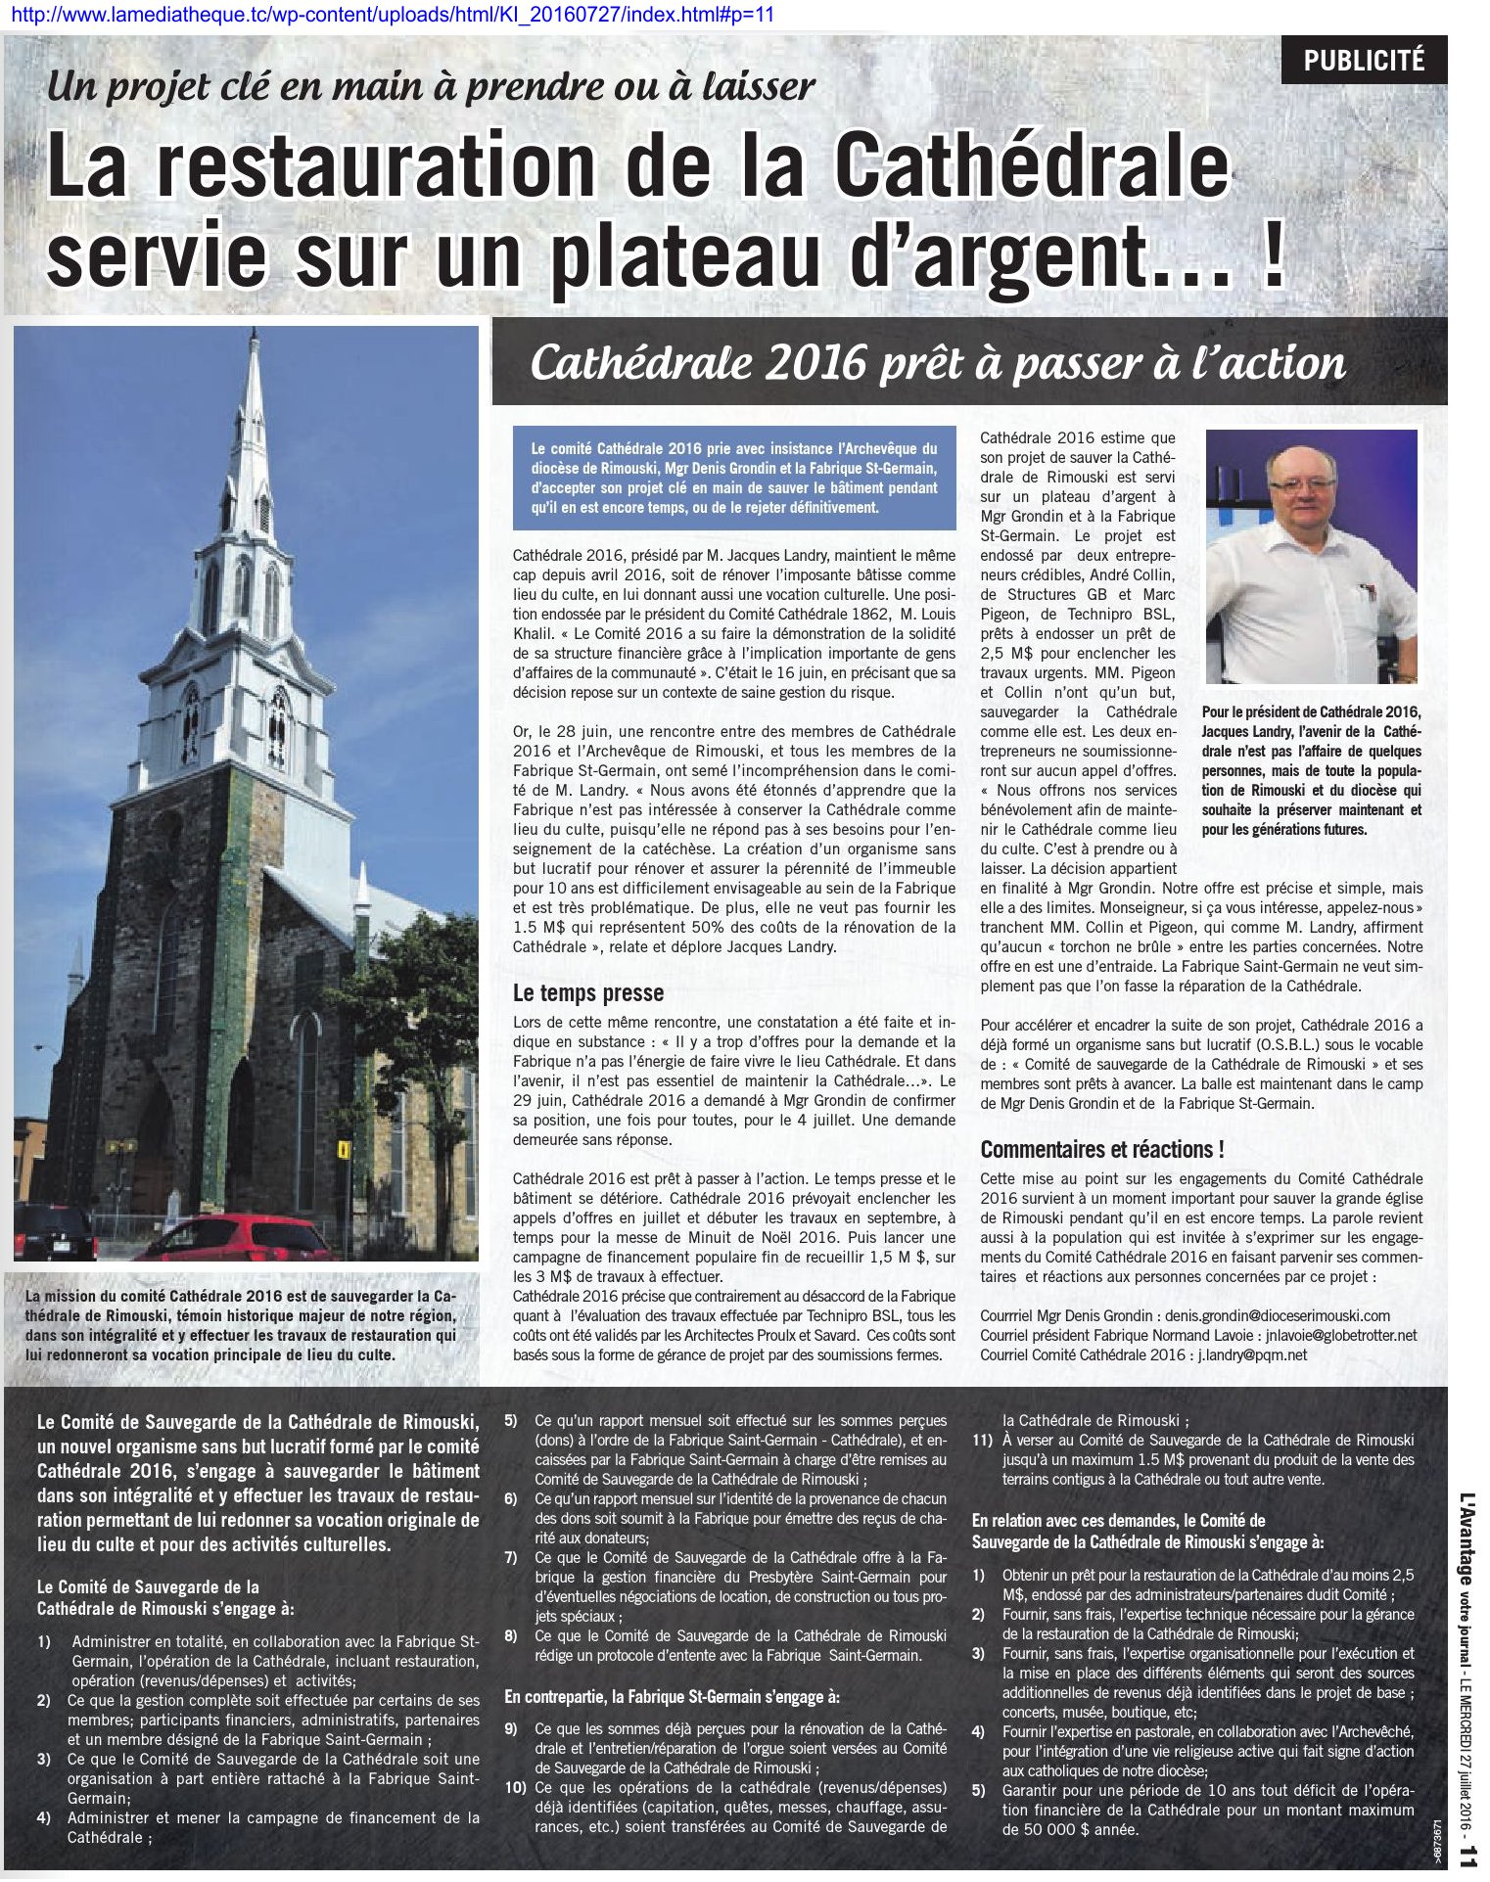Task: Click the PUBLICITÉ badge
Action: pyautogui.click(x=1363, y=61)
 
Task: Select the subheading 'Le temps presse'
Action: pyautogui.click(x=588, y=992)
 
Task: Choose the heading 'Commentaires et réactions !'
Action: pyautogui.click(x=1101, y=1149)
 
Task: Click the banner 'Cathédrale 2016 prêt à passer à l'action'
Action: pyautogui.click(x=937, y=363)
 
